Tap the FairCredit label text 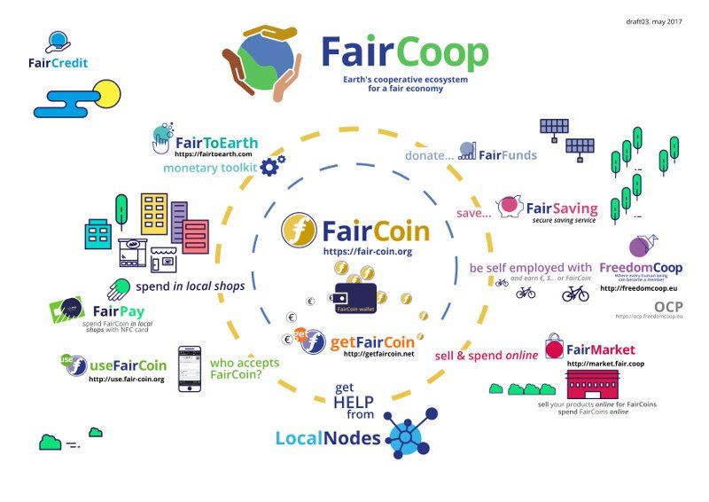[56, 64]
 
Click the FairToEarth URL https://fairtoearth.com [208, 154]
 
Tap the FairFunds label [508, 155]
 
